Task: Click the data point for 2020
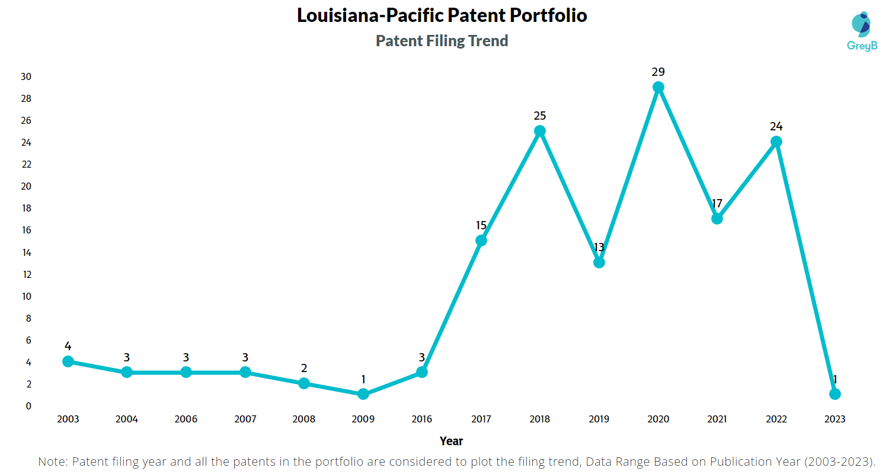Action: pyautogui.click(x=658, y=87)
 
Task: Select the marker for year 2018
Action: pyautogui.click(x=540, y=131)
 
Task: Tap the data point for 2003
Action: pyautogui.click(x=68, y=361)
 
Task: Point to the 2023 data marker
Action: pyautogui.click(x=835, y=394)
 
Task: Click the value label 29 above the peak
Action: pyautogui.click(x=658, y=72)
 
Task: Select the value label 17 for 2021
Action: pyautogui.click(x=717, y=203)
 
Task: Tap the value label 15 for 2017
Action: pyautogui.click(x=481, y=225)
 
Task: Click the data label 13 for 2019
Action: pyautogui.click(x=599, y=247)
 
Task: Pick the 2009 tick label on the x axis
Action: pyautogui.click(x=363, y=419)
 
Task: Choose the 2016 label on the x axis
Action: pyautogui.click(x=422, y=419)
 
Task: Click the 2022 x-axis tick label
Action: pyautogui.click(x=776, y=419)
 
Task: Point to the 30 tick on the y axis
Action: pyautogui.click(x=26, y=76)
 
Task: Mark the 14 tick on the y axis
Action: pyautogui.click(x=26, y=252)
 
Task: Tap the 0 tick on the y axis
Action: pyautogui.click(x=28, y=406)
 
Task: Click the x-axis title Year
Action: pyautogui.click(x=452, y=441)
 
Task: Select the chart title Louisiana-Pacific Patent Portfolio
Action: pyautogui.click(x=442, y=16)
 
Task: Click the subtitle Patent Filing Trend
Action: pyautogui.click(x=442, y=41)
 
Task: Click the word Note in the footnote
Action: pyautogui.click(x=52, y=462)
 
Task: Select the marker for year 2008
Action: pyautogui.click(x=304, y=383)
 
